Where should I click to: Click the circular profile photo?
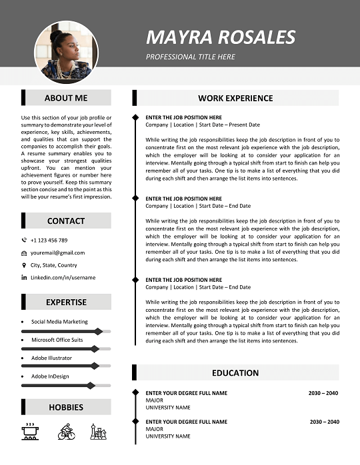point(66,53)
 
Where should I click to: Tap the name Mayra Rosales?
point(221,37)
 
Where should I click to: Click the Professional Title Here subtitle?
point(191,57)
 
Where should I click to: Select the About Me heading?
point(66,98)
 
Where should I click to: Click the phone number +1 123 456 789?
point(49,240)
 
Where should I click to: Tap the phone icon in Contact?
point(25,240)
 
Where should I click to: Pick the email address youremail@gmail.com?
point(57,252)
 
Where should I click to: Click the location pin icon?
point(25,265)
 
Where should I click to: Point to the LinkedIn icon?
point(25,277)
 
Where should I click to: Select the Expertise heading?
point(66,302)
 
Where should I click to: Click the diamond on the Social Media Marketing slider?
point(99,331)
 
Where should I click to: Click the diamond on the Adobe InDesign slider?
point(91,385)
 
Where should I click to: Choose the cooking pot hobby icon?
point(29,431)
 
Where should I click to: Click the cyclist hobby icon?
point(67,431)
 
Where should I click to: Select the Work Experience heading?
point(235,98)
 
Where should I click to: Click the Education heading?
point(235,372)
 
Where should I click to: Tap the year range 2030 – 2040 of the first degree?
point(323,393)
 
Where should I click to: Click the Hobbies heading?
point(66,407)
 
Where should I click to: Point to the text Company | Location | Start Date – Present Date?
point(203,125)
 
